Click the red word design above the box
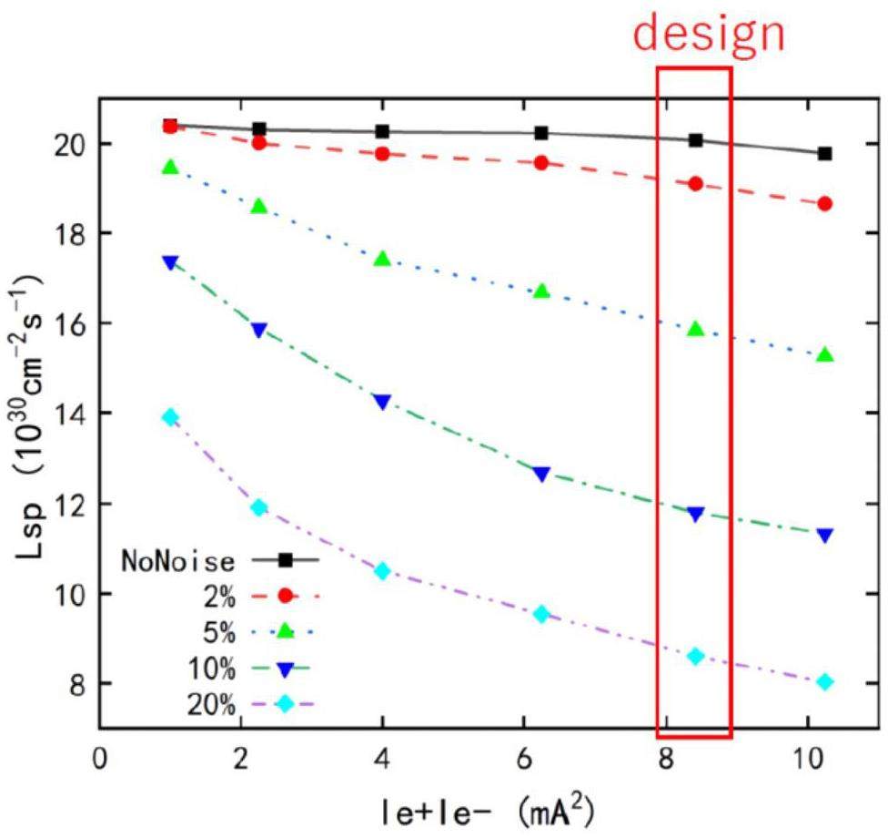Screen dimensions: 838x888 (709, 34)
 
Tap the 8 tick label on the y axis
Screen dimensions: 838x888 (76, 683)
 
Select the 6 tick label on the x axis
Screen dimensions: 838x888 (524, 758)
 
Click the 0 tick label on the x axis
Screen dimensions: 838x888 (100, 758)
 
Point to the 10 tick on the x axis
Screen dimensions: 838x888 (807, 758)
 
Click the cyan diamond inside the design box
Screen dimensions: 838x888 (696, 656)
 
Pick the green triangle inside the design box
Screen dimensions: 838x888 (696, 329)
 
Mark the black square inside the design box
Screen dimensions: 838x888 (696, 139)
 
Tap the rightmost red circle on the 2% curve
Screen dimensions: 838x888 (825, 203)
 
